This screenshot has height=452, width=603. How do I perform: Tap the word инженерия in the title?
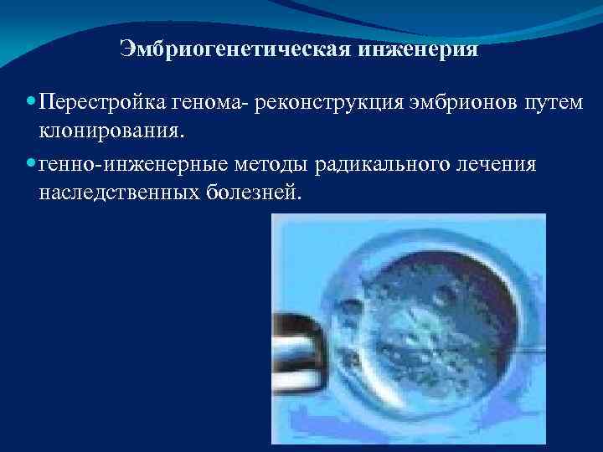420,49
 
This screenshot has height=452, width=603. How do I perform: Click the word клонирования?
113,131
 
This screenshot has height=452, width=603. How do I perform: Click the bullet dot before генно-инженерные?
31,163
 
